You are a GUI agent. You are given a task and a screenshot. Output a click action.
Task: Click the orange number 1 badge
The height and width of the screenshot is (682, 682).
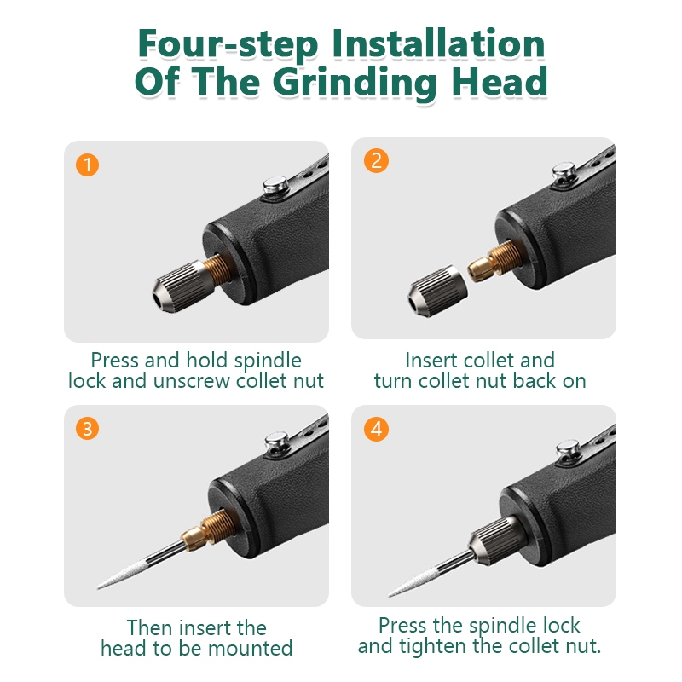(88, 165)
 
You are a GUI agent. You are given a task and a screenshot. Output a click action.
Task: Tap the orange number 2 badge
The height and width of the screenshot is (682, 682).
(376, 160)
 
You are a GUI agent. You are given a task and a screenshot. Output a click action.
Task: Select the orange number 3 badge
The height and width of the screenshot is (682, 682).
(88, 429)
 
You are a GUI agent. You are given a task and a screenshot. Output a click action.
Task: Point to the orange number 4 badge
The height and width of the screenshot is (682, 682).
(376, 430)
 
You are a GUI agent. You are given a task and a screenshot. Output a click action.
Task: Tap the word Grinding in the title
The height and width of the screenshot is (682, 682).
(355, 82)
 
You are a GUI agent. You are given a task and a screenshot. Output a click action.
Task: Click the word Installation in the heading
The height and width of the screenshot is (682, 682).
(438, 43)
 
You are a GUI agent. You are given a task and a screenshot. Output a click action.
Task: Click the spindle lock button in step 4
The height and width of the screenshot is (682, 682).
(568, 448)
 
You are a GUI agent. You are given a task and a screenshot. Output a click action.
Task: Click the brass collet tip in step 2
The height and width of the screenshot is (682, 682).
(481, 269)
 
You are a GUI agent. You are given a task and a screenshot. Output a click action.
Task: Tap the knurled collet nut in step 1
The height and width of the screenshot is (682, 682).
(183, 286)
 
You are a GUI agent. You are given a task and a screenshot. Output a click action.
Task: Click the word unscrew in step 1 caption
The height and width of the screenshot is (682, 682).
(191, 381)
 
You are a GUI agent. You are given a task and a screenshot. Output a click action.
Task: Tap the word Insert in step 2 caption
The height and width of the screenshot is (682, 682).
(431, 360)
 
